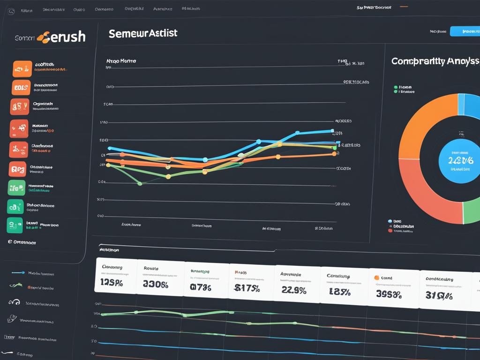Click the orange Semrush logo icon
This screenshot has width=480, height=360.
coord(43,37)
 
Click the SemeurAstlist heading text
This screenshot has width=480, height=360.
coord(142,34)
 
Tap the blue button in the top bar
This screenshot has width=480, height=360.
coord(465,31)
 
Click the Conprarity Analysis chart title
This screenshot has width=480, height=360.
coord(435,61)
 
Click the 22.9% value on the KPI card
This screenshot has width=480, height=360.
coord(294,290)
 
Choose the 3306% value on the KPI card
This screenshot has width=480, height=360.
coord(155,285)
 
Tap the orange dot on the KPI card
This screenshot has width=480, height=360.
coord(376,277)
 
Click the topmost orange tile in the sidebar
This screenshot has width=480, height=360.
coord(22,69)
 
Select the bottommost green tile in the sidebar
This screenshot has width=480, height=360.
coord(15,225)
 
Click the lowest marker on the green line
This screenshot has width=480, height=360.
coord(139,184)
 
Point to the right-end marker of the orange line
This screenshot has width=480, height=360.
coord(334,153)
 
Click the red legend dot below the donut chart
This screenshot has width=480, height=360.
coord(390,231)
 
